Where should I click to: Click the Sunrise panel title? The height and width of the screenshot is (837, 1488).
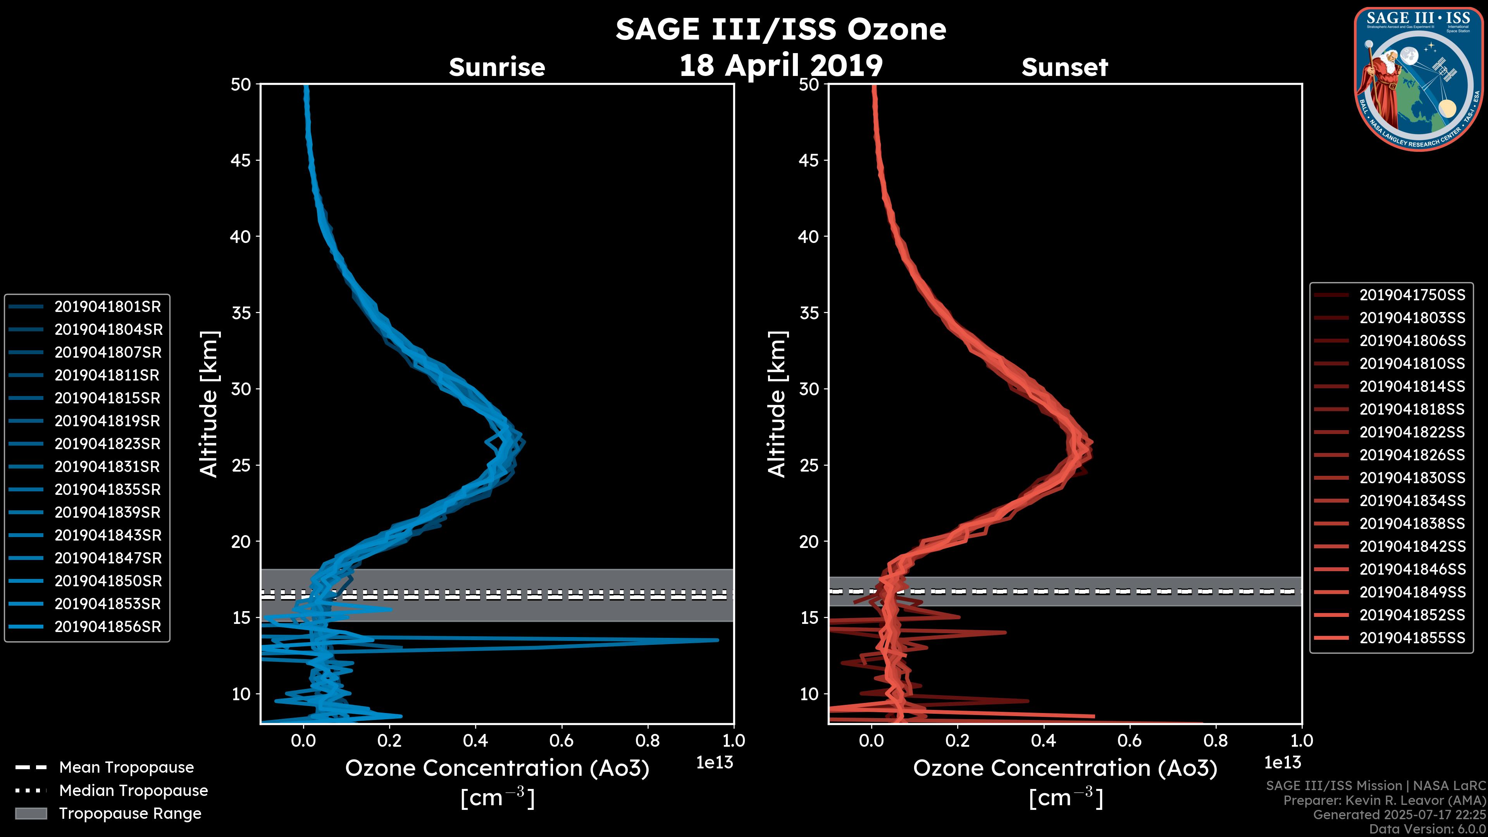(497, 67)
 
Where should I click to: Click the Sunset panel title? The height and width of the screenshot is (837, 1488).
(1064, 67)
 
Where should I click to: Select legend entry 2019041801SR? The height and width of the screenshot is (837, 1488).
(107, 307)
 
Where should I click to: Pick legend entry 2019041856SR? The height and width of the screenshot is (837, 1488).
(107, 627)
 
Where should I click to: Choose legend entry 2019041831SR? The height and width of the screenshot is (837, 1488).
(107, 467)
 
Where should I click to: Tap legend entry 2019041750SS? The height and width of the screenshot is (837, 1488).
(1412, 295)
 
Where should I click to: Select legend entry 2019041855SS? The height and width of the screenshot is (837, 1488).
(1412, 638)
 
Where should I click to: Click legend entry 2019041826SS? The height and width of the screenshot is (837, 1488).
(1412, 455)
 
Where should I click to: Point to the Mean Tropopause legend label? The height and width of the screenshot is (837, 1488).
(126, 767)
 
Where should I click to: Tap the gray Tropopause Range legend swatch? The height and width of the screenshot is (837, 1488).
(31, 813)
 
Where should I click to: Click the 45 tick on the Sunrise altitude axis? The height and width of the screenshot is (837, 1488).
(241, 160)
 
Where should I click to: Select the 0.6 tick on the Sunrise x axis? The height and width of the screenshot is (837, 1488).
(561, 741)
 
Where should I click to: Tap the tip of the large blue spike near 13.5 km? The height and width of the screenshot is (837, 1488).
(717, 640)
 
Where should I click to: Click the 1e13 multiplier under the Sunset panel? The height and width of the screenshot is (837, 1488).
(1282, 763)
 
